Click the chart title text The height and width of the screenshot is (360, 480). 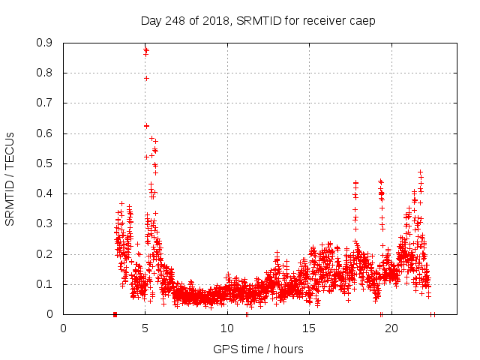[258, 20]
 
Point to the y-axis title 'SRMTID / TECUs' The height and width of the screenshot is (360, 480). [10, 178]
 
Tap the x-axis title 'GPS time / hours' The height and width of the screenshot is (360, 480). [258, 349]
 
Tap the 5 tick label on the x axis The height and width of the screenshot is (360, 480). [145, 328]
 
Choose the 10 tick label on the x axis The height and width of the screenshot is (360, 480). [227, 328]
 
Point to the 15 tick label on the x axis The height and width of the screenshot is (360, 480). [309, 328]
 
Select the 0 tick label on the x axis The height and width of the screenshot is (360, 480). [64, 328]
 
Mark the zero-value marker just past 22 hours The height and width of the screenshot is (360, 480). [432, 314]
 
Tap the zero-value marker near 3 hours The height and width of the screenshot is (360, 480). [115, 314]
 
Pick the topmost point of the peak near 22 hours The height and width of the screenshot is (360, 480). [420, 172]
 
